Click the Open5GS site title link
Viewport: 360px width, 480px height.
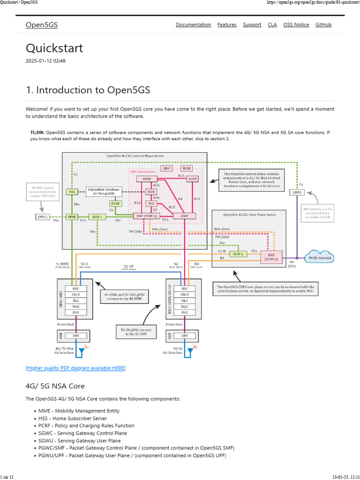point(42,25)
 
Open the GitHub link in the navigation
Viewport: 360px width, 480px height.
point(323,25)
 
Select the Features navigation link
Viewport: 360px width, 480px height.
point(227,25)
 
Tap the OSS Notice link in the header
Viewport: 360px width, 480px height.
point(296,25)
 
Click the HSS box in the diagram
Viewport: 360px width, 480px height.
point(72,192)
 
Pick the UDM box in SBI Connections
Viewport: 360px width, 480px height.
point(147,180)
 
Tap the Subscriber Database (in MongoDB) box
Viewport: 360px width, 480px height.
point(104,191)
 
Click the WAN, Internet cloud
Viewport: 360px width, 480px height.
point(319,257)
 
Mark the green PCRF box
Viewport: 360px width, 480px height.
point(115,204)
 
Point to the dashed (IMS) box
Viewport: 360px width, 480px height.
point(296,192)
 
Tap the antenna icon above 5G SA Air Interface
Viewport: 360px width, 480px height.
point(191,350)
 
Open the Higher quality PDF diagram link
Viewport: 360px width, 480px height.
point(75,368)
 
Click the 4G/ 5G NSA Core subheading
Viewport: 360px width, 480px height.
point(55,386)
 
